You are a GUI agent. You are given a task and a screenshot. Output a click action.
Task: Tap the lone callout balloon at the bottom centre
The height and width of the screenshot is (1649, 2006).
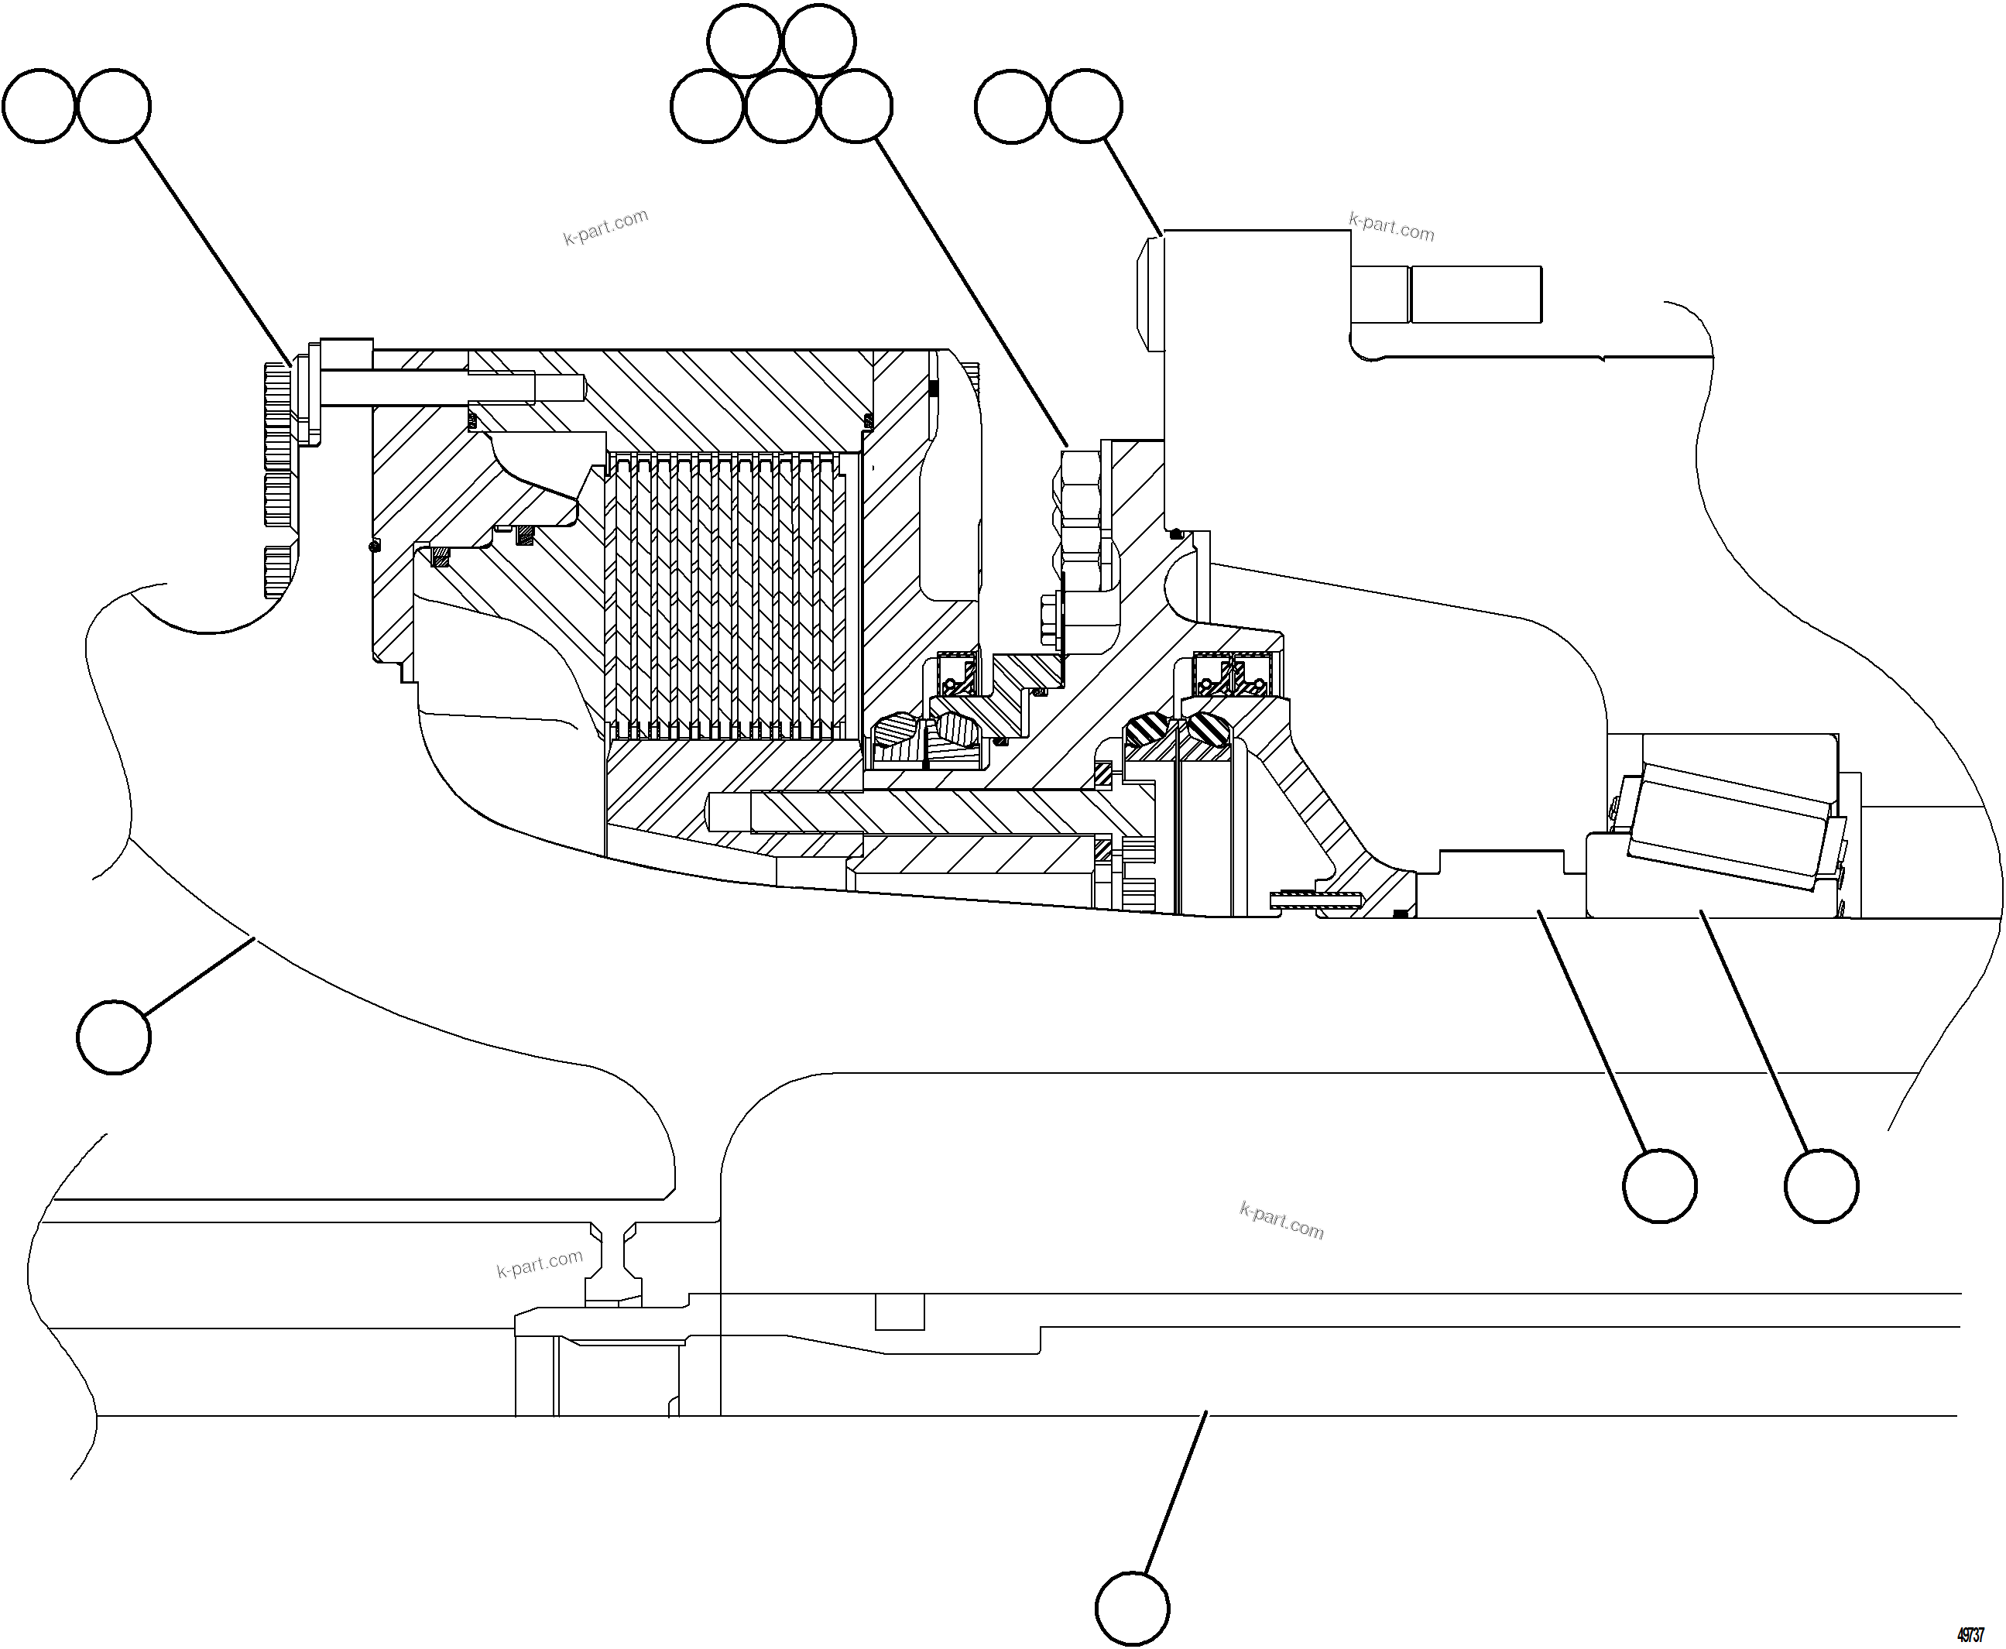point(1131,1609)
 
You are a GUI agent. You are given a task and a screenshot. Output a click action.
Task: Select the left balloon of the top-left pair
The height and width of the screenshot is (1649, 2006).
point(39,105)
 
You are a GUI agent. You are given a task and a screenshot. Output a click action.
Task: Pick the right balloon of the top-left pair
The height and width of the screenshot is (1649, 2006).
point(114,105)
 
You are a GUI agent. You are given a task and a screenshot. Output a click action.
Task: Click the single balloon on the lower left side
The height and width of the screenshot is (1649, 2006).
point(114,1037)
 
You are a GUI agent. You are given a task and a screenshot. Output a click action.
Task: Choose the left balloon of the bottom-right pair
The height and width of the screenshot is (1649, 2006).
point(1659,1185)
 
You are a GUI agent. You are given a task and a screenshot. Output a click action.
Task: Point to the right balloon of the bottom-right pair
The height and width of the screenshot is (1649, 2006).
point(1821,1185)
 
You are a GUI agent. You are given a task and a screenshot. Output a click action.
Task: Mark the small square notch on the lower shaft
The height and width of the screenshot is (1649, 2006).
point(899,1311)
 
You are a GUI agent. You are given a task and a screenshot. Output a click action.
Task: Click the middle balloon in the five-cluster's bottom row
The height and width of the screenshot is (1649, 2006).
point(780,105)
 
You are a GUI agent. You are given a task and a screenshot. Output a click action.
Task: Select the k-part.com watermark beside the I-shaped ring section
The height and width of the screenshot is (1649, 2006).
point(540,1263)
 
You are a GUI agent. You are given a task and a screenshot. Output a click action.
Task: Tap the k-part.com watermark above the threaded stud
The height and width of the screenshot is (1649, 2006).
point(1391,227)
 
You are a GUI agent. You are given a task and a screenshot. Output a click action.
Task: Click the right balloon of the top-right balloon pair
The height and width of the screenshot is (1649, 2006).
point(1085,105)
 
